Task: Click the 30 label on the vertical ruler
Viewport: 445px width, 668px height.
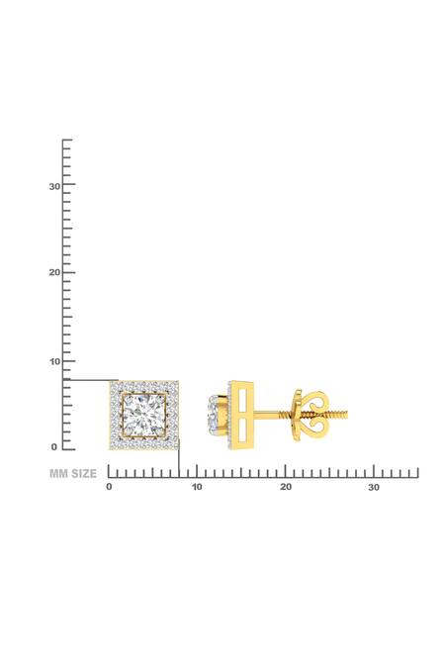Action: click(x=55, y=186)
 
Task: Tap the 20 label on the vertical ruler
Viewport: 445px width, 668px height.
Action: click(x=55, y=273)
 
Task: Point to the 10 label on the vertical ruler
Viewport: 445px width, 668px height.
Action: click(x=55, y=361)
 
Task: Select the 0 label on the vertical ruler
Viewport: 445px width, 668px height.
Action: click(x=54, y=447)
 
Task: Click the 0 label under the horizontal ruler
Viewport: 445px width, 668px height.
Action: click(x=109, y=488)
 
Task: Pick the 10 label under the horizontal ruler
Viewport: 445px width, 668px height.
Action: click(x=197, y=488)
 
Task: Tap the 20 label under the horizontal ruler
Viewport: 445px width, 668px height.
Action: click(x=285, y=488)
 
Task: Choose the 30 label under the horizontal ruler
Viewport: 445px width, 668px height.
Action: click(x=373, y=488)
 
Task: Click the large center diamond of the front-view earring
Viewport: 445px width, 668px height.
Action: click(x=143, y=415)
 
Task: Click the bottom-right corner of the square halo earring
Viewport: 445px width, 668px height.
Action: click(x=177, y=448)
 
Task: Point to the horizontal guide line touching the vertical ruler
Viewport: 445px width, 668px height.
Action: click(x=90, y=380)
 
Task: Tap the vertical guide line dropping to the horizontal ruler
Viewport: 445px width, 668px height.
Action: click(x=179, y=461)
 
